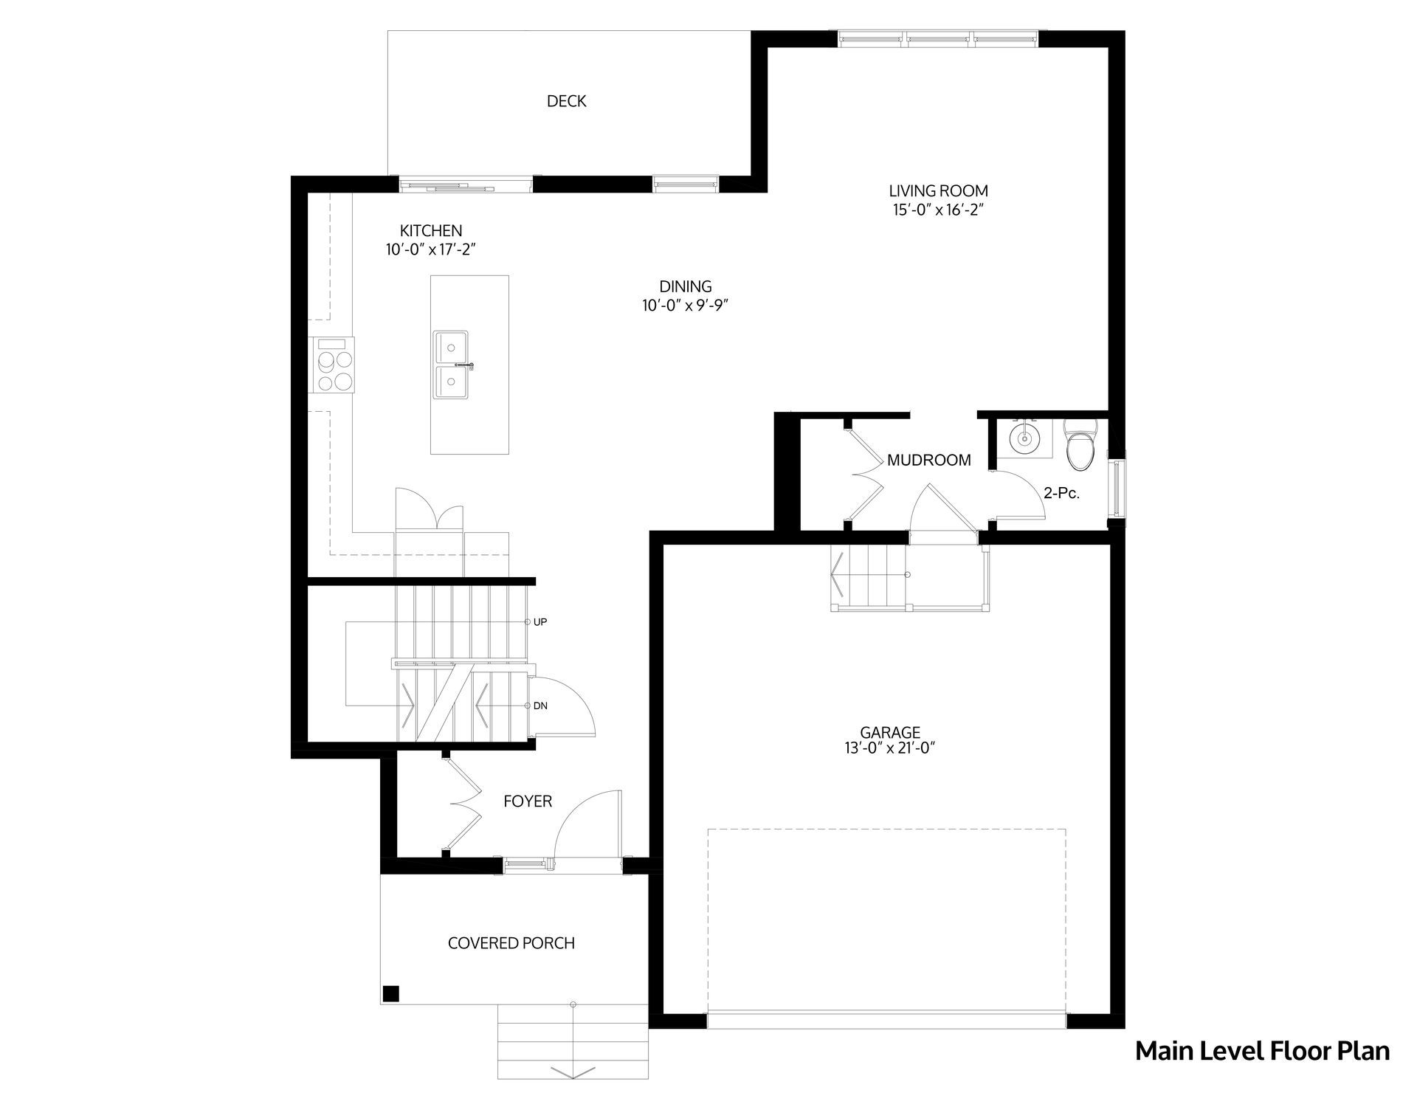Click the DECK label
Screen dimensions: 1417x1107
(x=566, y=101)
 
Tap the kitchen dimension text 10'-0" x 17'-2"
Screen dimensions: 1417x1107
(x=431, y=250)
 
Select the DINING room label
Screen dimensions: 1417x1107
(x=686, y=286)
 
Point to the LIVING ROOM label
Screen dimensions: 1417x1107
(x=938, y=191)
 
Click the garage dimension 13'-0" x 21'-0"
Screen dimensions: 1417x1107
(x=889, y=748)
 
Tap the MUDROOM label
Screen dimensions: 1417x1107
(x=929, y=461)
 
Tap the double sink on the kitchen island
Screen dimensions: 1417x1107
(x=452, y=365)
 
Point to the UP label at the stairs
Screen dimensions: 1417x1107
(x=540, y=622)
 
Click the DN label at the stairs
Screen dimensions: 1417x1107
(x=540, y=706)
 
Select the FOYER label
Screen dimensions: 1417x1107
(x=528, y=801)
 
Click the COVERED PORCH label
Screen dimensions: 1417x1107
(x=511, y=943)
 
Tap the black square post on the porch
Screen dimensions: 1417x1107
(x=391, y=993)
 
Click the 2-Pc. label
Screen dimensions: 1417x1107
(x=1062, y=494)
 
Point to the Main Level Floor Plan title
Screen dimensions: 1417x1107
(x=1262, y=1051)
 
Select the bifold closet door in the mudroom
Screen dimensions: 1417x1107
(x=865, y=473)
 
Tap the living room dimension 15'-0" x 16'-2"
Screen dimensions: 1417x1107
(x=939, y=210)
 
